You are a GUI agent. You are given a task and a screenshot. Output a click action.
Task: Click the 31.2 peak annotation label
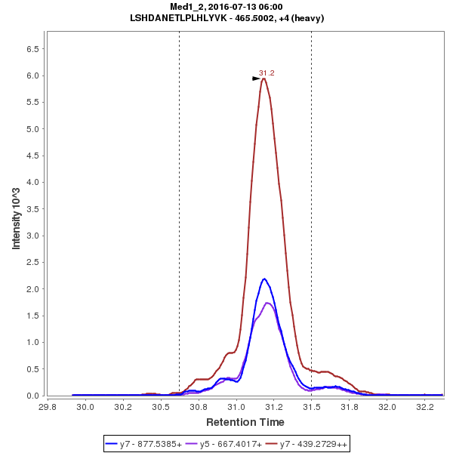[267, 73]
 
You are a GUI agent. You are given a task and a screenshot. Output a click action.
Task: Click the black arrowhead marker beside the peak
[256, 78]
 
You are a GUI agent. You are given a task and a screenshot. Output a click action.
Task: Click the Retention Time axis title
[245, 422]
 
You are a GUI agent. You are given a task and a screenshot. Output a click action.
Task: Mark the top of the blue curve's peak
[263, 279]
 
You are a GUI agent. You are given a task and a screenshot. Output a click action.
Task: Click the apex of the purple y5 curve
[268, 303]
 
